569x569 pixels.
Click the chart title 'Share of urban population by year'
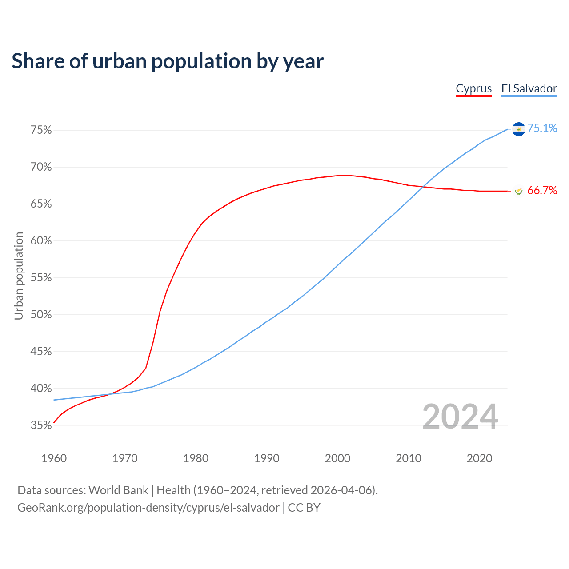168,61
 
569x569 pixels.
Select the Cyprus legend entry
474,88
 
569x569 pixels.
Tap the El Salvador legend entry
529,88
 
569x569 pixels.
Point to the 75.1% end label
542,128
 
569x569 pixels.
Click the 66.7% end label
542,191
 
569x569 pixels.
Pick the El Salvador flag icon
518,129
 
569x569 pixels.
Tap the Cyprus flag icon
518,191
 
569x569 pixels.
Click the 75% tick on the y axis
41,130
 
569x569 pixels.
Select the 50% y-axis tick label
41,315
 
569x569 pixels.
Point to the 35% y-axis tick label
41,425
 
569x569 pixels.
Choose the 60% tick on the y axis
41,241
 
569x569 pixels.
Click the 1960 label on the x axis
54,458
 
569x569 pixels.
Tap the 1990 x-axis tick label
267,458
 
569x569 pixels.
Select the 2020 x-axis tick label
479,458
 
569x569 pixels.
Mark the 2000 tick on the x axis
337,458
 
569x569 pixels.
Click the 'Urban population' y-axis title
19,276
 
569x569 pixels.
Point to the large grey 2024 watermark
460,417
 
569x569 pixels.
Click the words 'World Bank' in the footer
118,490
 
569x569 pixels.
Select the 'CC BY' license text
304,508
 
